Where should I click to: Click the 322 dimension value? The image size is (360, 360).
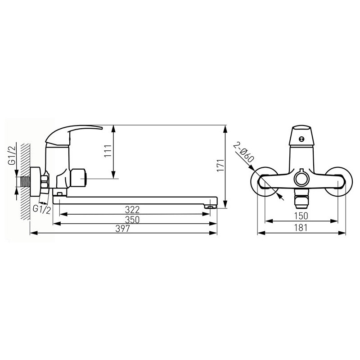coord(132,210)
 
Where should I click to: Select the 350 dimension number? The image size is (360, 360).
coord(132,220)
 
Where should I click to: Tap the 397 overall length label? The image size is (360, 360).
coord(123,229)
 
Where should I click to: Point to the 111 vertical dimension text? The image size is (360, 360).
coord(108,151)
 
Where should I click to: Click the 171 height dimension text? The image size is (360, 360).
coord(220,165)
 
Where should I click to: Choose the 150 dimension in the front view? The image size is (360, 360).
coord(301,216)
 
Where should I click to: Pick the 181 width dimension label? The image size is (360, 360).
coord(301,228)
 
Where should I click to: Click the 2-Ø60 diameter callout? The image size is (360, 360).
coord(243,153)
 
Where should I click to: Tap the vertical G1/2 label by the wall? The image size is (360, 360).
coord(12,153)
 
